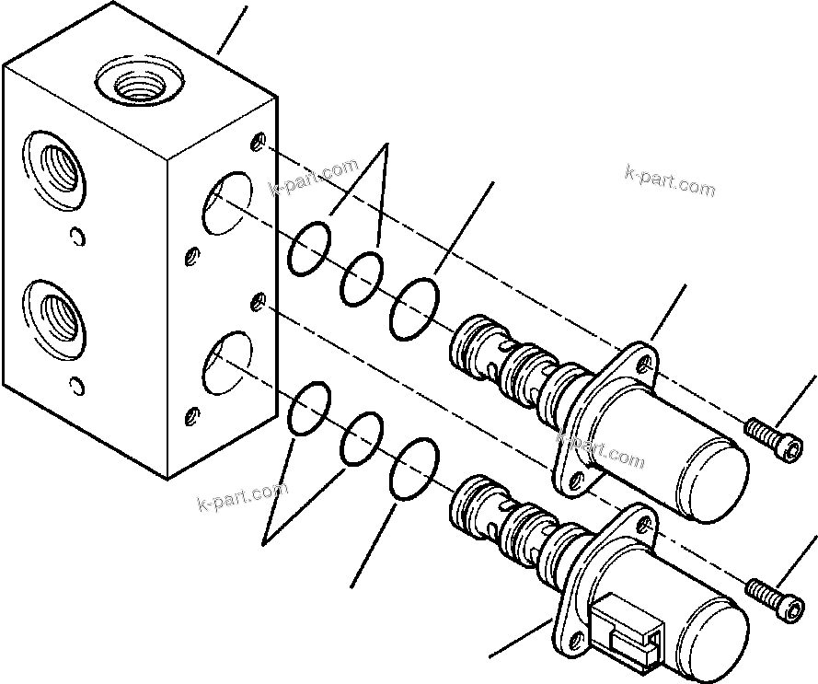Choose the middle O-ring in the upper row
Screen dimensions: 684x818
(363, 277)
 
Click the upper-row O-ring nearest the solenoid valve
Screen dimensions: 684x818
(413, 308)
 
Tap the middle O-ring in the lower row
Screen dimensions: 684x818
(362, 437)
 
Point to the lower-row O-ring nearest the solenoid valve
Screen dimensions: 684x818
(413, 470)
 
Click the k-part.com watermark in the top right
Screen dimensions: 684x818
(669, 180)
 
